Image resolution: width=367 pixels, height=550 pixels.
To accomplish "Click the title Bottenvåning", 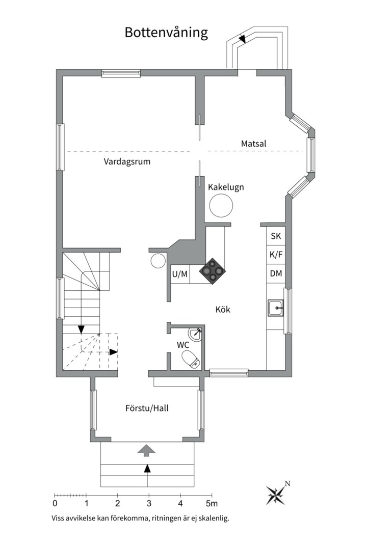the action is [x=166, y=33].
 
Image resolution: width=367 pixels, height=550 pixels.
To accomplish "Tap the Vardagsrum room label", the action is [x=127, y=162].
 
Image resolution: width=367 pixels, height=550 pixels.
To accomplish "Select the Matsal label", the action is [x=253, y=144].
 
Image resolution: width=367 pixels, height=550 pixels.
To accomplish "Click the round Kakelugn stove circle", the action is [x=221, y=205].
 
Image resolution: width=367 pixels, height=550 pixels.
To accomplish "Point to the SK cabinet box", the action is [x=276, y=236].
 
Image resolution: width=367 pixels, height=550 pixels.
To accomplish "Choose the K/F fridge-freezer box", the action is [x=276, y=254].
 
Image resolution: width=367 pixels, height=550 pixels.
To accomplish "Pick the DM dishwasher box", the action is [x=276, y=273].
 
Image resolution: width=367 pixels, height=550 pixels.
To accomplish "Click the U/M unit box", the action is [x=180, y=274].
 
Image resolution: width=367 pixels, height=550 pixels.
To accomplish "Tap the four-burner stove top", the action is [x=213, y=270].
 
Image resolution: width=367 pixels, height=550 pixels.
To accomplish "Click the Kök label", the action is [x=223, y=310].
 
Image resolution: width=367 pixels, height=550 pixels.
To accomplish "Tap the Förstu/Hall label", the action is [x=147, y=408].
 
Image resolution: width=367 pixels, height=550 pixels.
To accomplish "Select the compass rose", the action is [x=276, y=494].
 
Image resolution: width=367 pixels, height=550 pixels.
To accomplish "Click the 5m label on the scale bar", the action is [x=212, y=504].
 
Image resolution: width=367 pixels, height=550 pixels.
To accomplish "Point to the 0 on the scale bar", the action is [x=55, y=504].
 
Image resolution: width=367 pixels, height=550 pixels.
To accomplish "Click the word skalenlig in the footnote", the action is [x=214, y=518].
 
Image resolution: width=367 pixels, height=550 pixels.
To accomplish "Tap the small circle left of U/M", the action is [x=158, y=261].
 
